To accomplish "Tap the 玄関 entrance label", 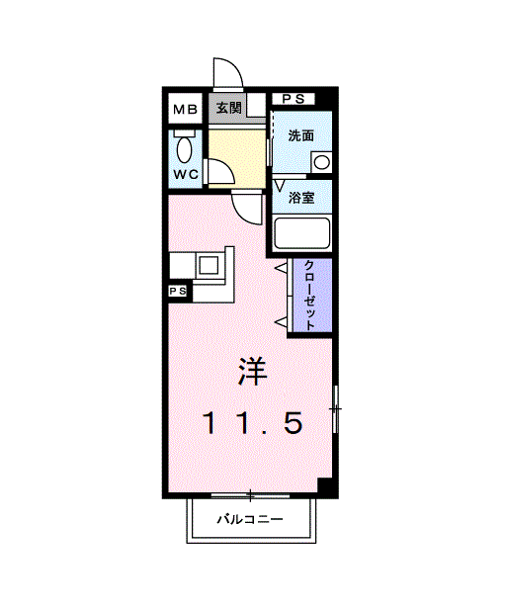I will click(229, 109).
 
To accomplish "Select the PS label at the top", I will click(294, 99).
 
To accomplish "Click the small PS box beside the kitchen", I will click(178, 292).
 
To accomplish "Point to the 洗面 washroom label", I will click(301, 136).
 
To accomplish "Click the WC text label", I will click(185, 175).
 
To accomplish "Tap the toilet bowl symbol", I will click(185, 148).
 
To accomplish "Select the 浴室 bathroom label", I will click(301, 198).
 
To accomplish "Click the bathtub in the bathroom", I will click(301, 233).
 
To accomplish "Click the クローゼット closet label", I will click(310, 295).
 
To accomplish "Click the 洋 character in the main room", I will click(251, 372).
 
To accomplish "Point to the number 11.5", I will click(252, 423).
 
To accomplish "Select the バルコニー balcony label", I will click(251, 519).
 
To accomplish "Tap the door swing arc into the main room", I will click(245, 206).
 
